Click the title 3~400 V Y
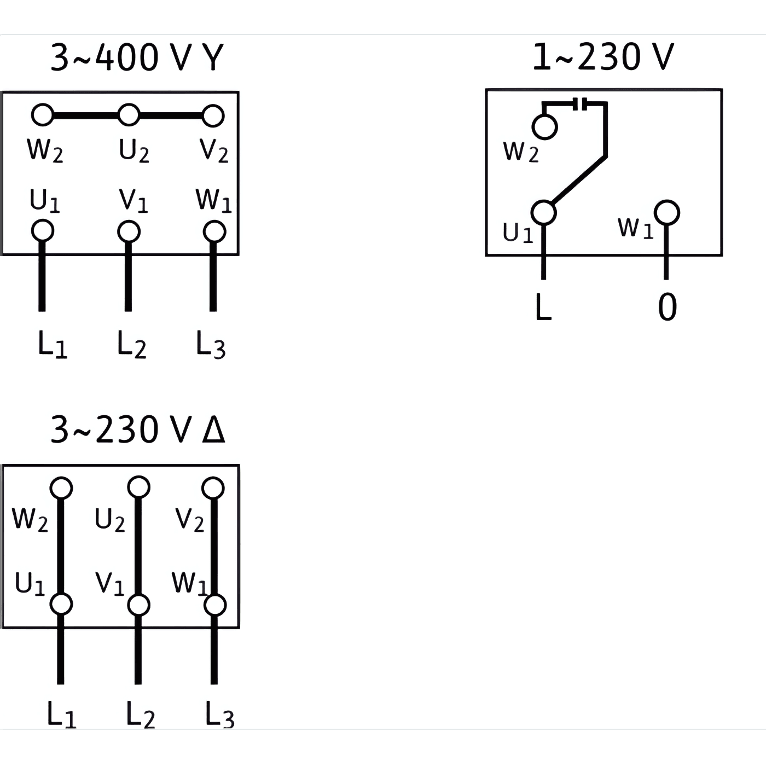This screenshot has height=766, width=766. coord(137,57)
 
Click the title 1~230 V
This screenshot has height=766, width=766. coord(603,56)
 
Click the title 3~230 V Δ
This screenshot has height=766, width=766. coord(137,430)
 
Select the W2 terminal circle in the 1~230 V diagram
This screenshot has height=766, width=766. coord(544,127)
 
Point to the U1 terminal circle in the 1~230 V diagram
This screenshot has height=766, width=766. coord(544,212)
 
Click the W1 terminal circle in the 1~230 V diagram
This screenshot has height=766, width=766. coord(667,212)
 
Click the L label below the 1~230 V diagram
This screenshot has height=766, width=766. coord(543,307)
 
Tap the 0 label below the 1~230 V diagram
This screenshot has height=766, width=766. coord(667,307)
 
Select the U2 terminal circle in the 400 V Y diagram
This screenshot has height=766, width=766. coord(129,115)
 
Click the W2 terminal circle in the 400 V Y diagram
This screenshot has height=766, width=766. coord(43,115)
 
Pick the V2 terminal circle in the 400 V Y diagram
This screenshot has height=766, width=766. coord(213,116)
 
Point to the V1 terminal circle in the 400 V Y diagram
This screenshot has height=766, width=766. coord(129,231)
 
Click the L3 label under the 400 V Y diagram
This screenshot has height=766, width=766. coord(211,345)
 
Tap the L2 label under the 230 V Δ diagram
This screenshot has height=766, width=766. coord(140,715)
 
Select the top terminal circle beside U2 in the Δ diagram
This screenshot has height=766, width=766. coord(138,487)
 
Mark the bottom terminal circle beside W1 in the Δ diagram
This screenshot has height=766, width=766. coord(215,605)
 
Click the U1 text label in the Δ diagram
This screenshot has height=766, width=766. coord(30,584)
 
